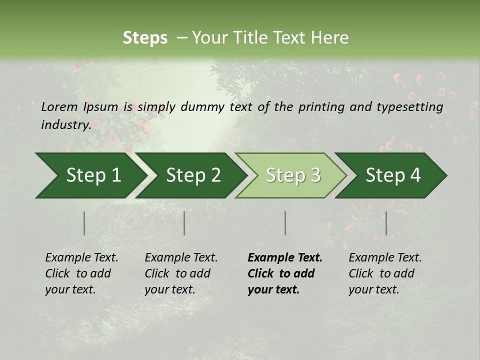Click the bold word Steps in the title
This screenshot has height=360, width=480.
pos(145,38)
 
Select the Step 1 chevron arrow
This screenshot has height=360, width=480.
pos(90,175)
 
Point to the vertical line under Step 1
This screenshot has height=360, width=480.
pos(84,223)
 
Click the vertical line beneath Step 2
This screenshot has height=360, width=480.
pos(184,223)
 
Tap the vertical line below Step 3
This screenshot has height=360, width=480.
pos(285,223)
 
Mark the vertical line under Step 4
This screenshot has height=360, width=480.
pos(386,223)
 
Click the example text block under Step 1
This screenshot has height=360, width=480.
pos(81,273)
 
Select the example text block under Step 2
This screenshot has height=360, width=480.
pos(181,273)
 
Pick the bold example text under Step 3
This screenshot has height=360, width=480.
pos(285,273)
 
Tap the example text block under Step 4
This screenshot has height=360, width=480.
pos(385,273)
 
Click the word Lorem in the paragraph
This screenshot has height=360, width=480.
pos(59,106)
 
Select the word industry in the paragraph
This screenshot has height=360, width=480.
pos(65,124)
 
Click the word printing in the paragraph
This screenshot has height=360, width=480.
pos(320,106)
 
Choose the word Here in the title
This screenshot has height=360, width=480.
pos(331,38)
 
